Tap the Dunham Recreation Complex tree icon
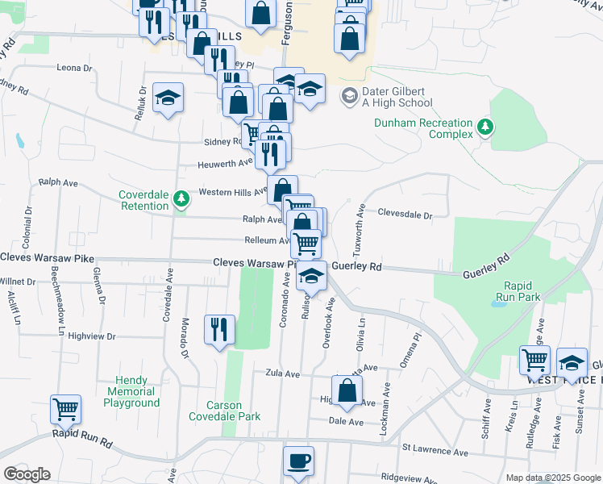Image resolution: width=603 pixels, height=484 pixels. [x=484, y=126]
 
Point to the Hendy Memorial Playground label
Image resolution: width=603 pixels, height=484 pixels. [x=126, y=391]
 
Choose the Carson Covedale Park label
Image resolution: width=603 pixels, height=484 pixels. [x=225, y=411]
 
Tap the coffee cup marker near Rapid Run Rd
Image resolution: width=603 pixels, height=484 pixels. [x=299, y=461]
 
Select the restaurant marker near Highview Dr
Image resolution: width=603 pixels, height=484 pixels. [x=218, y=329]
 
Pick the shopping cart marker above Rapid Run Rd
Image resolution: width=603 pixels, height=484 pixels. [x=65, y=410]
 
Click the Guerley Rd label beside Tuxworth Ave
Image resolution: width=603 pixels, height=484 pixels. [x=356, y=265]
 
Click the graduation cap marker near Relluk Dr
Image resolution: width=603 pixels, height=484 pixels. [x=168, y=98]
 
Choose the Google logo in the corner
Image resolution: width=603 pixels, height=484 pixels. [x=27, y=474]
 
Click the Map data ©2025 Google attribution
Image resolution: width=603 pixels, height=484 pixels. [x=553, y=478]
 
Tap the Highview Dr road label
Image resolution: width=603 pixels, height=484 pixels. [x=92, y=336]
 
